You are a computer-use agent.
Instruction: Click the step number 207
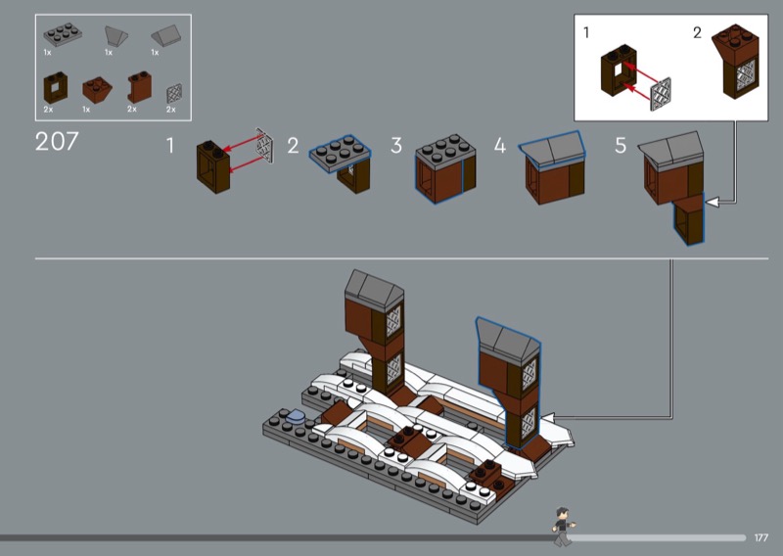pyautogui.click(x=57, y=141)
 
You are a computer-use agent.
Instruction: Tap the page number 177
pyautogui.click(x=761, y=537)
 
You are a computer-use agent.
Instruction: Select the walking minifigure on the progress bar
pyautogui.click(x=563, y=526)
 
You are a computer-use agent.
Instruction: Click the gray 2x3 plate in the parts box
pyautogui.click(x=63, y=34)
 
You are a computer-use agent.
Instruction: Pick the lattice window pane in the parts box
pyautogui.click(x=174, y=94)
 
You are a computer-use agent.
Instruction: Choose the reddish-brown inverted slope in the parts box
pyautogui.click(x=97, y=89)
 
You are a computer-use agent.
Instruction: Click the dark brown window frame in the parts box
pyautogui.click(x=55, y=88)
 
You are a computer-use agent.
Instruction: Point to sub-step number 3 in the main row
pyautogui.click(x=396, y=146)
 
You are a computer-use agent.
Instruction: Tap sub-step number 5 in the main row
pyautogui.click(x=621, y=146)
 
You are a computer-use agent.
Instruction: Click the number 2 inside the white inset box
pyautogui.click(x=697, y=32)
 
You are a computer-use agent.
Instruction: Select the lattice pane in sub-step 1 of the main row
pyautogui.click(x=264, y=146)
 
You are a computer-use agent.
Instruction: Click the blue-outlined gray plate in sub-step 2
pyautogui.click(x=340, y=153)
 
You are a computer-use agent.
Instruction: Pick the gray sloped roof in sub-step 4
pyautogui.click(x=551, y=148)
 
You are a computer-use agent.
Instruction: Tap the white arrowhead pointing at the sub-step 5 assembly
pyautogui.click(x=711, y=202)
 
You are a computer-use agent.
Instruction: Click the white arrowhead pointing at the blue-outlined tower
pyautogui.click(x=548, y=418)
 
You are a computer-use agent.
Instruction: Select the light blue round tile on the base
pyautogui.click(x=295, y=416)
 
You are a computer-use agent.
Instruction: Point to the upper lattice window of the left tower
pyautogui.click(x=393, y=321)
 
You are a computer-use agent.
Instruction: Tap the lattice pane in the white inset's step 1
pyautogui.click(x=661, y=94)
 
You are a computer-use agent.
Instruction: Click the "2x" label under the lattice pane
pyautogui.click(x=170, y=110)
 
